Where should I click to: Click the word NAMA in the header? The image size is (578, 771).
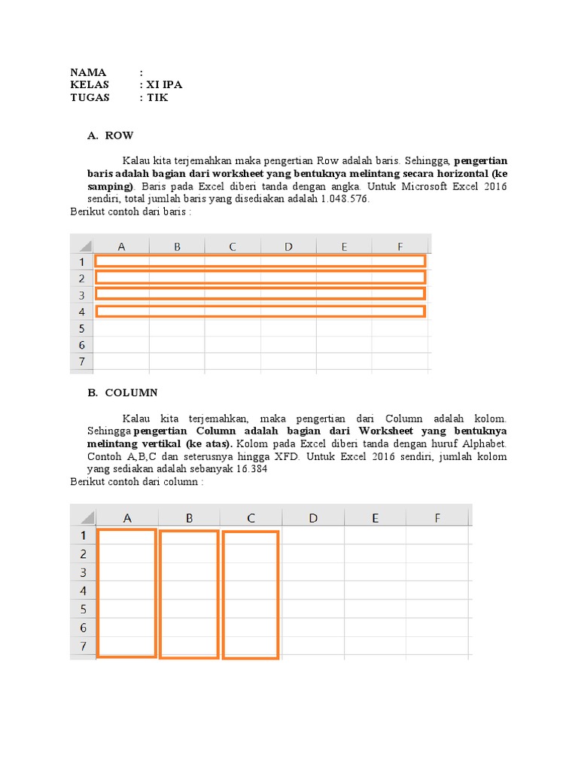pos(89,72)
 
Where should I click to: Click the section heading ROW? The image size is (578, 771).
pos(120,136)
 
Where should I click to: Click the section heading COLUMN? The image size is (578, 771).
pos(131,392)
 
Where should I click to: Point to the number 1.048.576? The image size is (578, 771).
pos(345,199)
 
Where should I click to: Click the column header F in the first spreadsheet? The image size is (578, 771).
pos(400,246)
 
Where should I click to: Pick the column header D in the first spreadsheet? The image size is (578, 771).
pos(288,246)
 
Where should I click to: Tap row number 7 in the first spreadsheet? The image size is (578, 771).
pos(81,361)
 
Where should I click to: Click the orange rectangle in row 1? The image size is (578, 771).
pos(260,261)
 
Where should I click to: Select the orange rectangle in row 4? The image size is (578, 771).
pos(260,311)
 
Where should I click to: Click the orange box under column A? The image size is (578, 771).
pos(126,593)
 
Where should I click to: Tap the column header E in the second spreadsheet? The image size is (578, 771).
pos(375,517)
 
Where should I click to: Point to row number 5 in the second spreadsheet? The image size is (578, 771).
pos(84,608)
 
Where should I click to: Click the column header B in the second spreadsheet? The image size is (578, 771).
pos(189,517)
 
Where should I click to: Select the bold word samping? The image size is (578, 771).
pos(109,186)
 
